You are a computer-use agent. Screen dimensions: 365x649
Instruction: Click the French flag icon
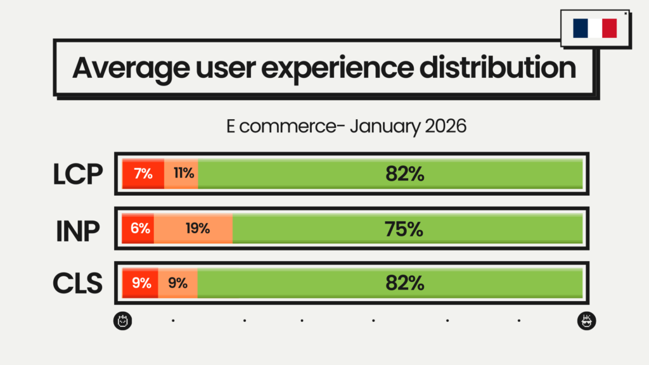click(594, 28)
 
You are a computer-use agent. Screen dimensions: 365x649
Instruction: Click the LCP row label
click(77, 174)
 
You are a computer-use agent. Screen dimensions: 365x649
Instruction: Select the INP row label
click(77, 229)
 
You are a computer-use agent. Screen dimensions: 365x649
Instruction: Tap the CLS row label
click(77, 283)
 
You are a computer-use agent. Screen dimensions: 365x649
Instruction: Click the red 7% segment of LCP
click(143, 174)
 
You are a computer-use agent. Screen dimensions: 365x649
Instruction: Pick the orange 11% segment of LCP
click(183, 174)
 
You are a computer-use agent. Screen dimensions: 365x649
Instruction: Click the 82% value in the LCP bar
click(404, 174)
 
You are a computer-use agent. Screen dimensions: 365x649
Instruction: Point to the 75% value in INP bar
click(404, 229)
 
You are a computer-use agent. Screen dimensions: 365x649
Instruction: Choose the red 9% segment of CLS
click(141, 283)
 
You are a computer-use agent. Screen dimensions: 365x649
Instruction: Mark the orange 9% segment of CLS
click(177, 283)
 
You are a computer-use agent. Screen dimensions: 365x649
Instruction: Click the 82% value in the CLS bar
click(404, 283)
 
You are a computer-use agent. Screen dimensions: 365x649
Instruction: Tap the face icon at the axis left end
click(123, 321)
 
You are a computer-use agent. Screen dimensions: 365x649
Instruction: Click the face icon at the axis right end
click(586, 321)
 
